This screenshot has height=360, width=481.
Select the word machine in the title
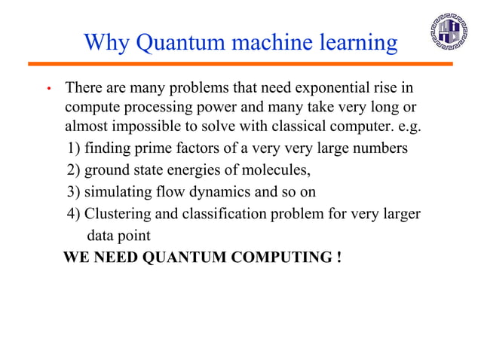pyautogui.click(x=254, y=42)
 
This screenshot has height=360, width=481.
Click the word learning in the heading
pyautogui.click(x=355, y=42)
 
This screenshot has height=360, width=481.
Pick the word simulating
pyautogui.click(x=118, y=191)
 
